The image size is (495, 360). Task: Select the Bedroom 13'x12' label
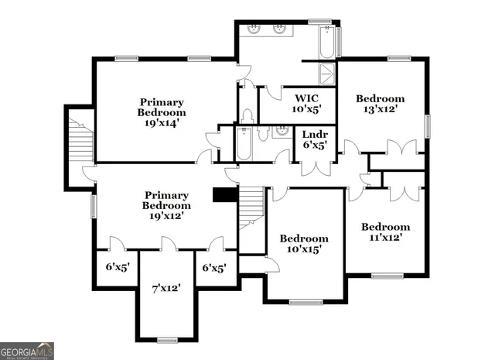tap(380, 105)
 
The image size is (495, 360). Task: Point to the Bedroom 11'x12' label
tap(386, 233)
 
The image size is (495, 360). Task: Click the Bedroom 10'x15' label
tap(304, 244)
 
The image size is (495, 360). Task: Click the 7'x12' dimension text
tap(166, 288)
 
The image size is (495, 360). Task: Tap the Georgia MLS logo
tap(27, 351)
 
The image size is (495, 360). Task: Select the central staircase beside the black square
tap(251, 207)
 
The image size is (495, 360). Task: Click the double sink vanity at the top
tap(268, 30)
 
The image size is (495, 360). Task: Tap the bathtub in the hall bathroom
tap(244, 143)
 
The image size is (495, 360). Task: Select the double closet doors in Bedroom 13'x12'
tap(396, 149)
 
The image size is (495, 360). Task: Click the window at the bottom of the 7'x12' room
tap(167, 340)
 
